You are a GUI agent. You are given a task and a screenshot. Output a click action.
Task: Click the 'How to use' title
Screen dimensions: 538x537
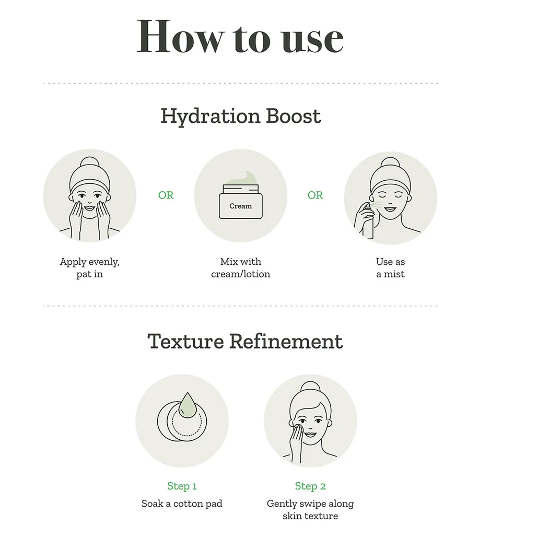coord(240,36)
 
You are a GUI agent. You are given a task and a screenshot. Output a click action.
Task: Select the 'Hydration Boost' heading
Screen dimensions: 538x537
coord(241,116)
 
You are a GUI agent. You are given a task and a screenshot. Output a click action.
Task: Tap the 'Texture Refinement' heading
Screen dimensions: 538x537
coord(245,341)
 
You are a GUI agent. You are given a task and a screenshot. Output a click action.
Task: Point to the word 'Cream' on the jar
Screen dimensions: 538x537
coord(240,206)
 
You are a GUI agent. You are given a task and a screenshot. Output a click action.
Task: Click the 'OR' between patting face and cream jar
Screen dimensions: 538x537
coord(166,195)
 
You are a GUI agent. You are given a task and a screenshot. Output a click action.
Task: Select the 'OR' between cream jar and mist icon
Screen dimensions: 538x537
coord(315,195)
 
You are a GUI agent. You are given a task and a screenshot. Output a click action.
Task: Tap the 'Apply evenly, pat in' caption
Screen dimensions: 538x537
coord(89,268)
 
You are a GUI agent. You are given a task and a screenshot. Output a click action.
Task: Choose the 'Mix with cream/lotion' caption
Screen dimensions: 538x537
coord(240,268)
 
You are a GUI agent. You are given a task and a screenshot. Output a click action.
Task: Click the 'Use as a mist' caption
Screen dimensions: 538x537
coord(391,268)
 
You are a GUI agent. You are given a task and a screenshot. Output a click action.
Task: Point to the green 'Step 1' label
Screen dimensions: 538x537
coord(182,486)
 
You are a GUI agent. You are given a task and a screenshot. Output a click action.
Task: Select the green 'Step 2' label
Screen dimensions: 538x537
coord(310,486)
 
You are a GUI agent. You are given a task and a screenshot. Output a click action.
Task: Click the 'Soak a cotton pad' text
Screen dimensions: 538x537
coord(182,504)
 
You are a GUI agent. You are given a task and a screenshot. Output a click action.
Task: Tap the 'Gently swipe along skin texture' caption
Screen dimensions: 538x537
coord(310,509)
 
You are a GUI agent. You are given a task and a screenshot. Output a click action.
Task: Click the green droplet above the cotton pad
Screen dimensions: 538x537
coord(187,405)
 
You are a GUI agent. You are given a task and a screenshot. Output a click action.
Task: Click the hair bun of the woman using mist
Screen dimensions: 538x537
coord(391,164)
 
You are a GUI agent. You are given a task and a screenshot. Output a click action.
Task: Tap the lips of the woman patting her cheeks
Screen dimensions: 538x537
coord(89,208)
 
